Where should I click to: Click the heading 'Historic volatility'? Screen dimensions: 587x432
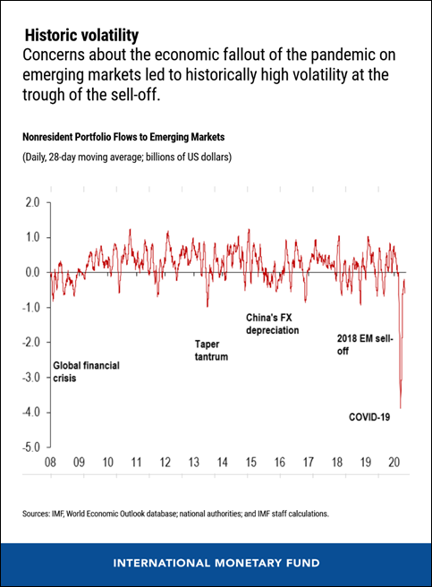pyautogui.click(x=81, y=36)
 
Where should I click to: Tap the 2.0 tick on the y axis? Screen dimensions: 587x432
pyautogui.click(x=31, y=202)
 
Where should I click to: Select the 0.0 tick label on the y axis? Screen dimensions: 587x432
pyautogui.click(x=31, y=272)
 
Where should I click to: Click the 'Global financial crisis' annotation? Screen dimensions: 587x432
pyautogui.click(x=86, y=372)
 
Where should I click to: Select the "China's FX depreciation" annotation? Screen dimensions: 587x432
pyautogui.click(x=272, y=324)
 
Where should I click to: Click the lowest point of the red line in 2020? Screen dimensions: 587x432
pyautogui.click(x=400, y=407)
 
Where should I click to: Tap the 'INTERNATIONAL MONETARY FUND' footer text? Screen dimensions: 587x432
pyautogui.click(x=216, y=563)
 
